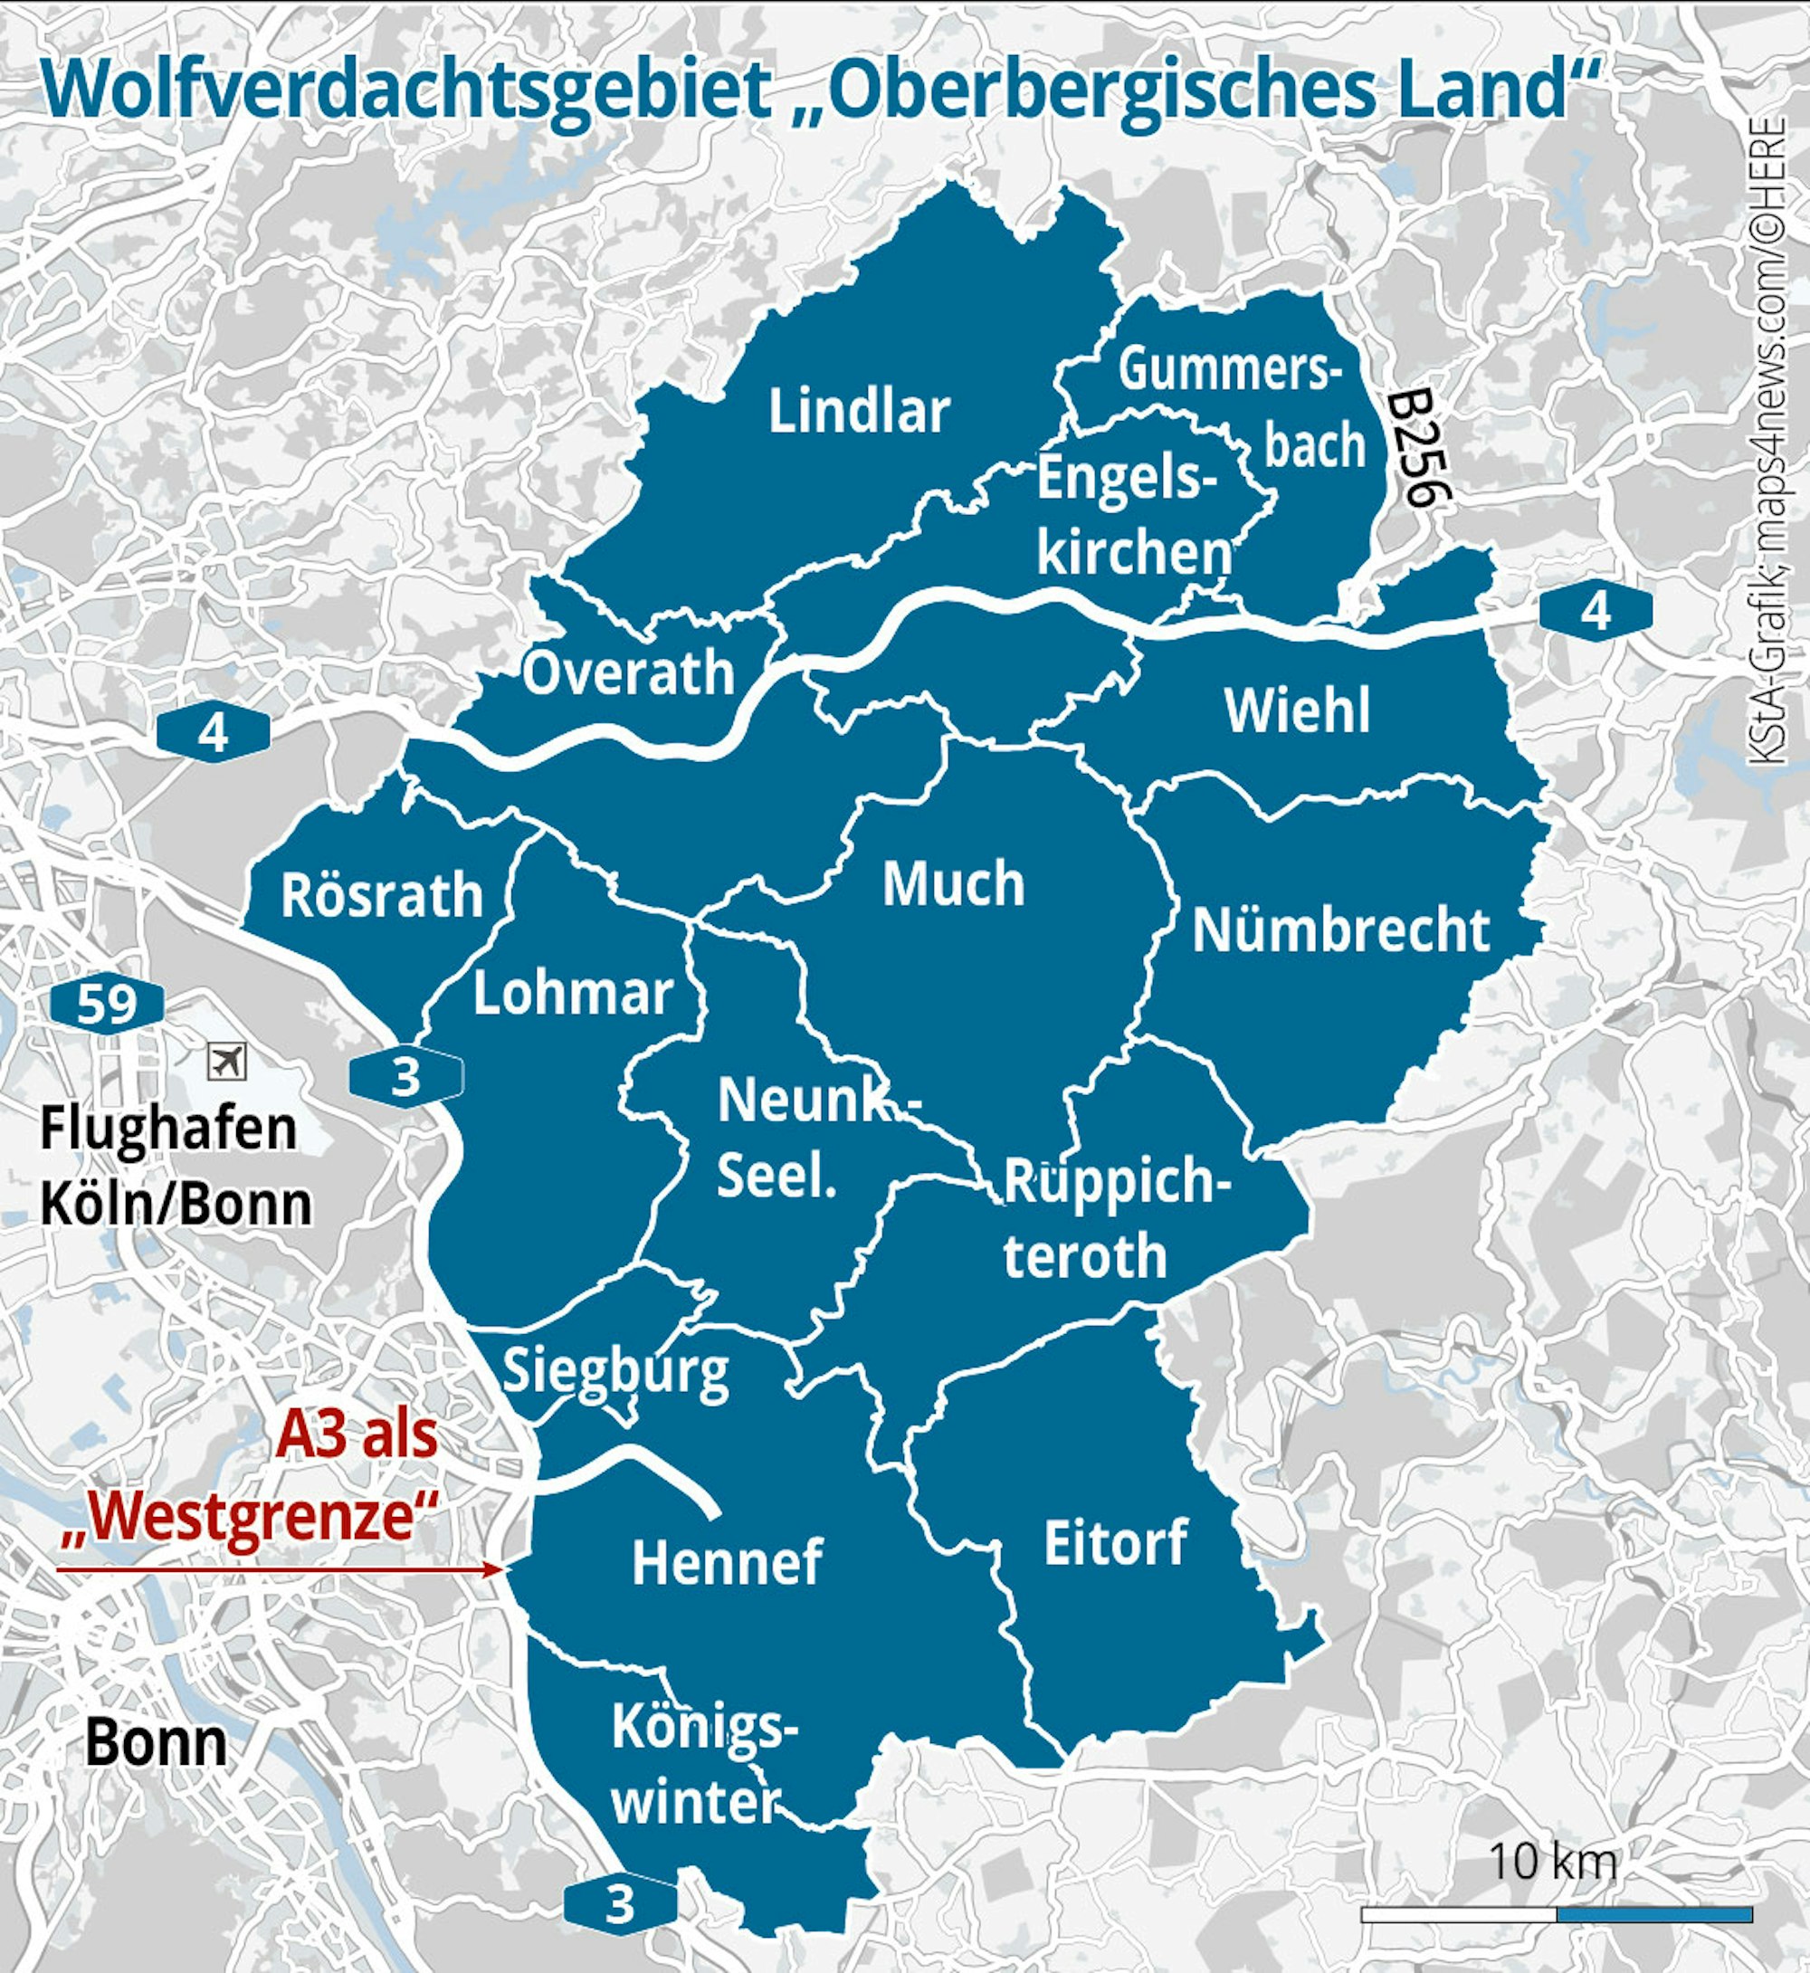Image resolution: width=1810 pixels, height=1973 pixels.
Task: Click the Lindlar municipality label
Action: click(x=859, y=411)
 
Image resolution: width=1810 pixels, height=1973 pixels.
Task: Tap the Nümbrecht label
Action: click(x=1341, y=929)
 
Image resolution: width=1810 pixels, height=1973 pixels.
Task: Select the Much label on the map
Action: click(x=953, y=883)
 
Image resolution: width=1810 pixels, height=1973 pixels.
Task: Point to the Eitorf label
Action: click(x=1116, y=1543)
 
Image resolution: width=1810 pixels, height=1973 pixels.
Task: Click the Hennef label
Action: click(x=727, y=1562)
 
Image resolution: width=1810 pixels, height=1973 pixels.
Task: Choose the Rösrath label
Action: click(x=382, y=895)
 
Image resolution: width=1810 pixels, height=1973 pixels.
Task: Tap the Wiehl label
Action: click(x=1297, y=710)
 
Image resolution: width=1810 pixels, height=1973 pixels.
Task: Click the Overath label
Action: click(x=628, y=674)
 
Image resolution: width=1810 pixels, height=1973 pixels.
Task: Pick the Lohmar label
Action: click(x=573, y=994)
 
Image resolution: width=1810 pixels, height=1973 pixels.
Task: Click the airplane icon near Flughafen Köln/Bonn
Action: click(x=227, y=1061)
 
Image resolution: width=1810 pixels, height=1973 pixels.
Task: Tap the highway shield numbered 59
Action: click(x=107, y=1004)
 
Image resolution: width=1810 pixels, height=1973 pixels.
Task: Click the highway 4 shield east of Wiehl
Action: click(x=1596, y=611)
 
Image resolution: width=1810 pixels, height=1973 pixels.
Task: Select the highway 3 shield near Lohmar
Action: click(x=405, y=1078)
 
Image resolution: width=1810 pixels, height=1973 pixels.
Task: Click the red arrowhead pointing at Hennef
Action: click(x=496, y=1569)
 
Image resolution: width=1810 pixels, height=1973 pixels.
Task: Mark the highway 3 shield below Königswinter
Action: click(x=620, y=1905)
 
